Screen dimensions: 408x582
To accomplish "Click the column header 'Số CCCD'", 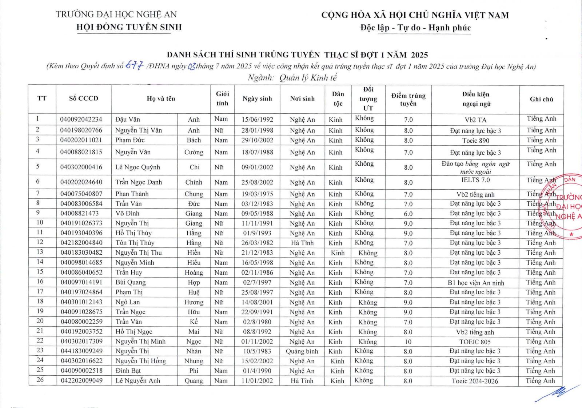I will (84, 98).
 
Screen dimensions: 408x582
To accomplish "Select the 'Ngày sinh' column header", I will (257, 98).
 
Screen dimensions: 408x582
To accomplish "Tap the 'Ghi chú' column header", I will (541, 99).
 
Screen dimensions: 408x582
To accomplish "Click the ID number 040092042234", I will (81, 120).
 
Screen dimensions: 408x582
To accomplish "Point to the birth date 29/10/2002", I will (257, 140).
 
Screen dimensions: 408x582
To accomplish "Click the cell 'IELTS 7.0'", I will (475, 180).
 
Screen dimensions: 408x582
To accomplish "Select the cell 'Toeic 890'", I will (475, 141).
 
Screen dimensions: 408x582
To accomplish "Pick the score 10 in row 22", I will (408, 342).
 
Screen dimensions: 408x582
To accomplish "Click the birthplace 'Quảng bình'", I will (302, 351).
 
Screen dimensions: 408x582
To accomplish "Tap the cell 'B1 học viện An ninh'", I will (475, 283).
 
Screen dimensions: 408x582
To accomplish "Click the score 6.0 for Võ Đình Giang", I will (408, 214).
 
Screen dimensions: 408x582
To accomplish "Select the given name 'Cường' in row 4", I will (194, 152).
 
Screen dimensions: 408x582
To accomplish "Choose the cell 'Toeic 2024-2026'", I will (475, 381).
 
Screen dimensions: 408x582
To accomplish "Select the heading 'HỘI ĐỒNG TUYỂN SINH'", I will (129, 27).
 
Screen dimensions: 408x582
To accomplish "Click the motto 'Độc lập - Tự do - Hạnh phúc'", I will (415, 28).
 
